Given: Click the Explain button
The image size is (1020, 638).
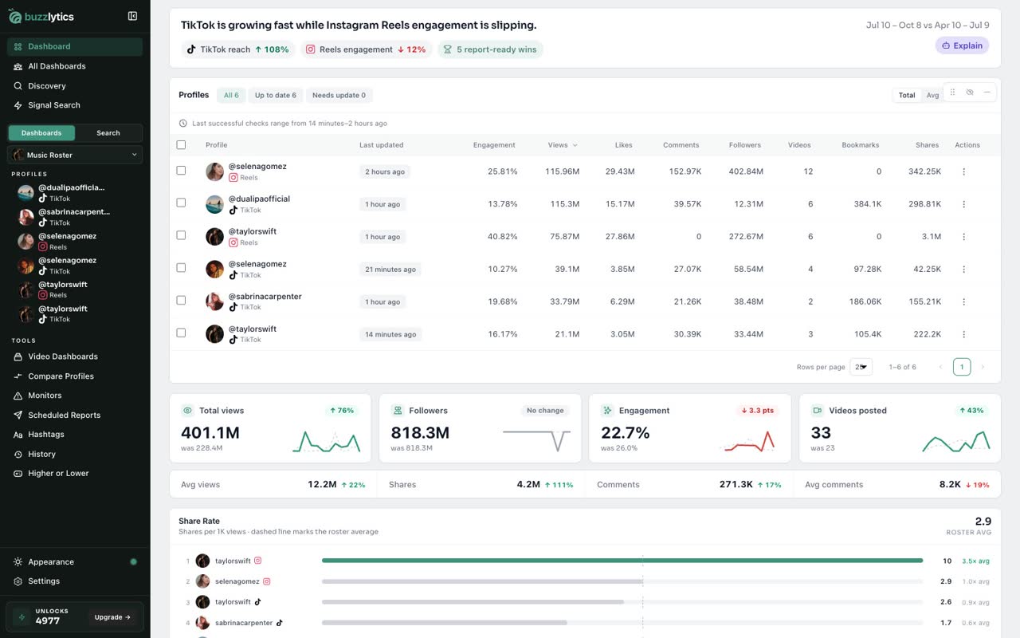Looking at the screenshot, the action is [962, 45].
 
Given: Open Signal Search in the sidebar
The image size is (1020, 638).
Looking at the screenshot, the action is [53, 105].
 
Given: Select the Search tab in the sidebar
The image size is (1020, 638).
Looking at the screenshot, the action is [108, 133].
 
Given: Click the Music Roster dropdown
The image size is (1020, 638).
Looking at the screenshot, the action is [75, 155].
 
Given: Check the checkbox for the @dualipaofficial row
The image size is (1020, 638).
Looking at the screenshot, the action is [181, 203].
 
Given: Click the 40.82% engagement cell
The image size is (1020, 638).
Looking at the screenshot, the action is [502, 237].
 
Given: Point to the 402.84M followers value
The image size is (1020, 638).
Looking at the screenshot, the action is [746, 171].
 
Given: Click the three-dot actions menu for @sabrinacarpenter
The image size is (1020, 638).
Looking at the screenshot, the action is [963, 301].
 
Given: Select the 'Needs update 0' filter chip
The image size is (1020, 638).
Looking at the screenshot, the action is [339, 95].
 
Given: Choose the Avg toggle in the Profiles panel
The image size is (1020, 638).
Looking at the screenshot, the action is [932, 95].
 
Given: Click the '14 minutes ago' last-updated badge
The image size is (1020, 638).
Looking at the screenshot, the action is [390, 334].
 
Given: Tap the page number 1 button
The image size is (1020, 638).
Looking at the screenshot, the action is [961, 367].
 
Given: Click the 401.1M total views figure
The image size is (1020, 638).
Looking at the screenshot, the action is [210, 432].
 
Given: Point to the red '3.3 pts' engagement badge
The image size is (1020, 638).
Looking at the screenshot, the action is [757, 411].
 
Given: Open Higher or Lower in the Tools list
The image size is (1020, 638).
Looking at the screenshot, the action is [58, 474].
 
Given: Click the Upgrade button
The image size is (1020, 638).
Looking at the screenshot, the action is [112, 617].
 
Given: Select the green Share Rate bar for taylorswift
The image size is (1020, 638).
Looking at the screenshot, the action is [622, 561].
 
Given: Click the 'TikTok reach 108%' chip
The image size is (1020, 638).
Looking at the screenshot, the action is [238, 49].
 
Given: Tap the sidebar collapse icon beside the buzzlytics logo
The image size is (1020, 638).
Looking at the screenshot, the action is [132, 17].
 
